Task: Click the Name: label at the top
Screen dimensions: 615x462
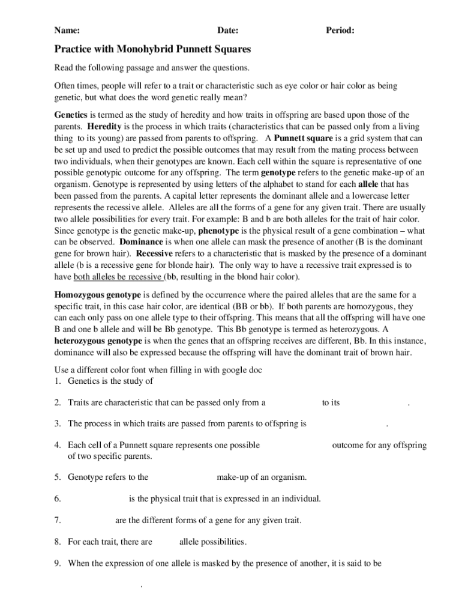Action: (67, 30)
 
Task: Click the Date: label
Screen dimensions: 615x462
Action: (228, 30)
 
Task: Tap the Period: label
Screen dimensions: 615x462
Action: (340, 30)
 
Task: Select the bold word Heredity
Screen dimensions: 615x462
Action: (106, 127)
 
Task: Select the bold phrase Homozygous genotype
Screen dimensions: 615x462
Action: (98, 295)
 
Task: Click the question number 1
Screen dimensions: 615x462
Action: (58, 380)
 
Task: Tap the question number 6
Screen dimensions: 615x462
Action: (58, 498)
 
